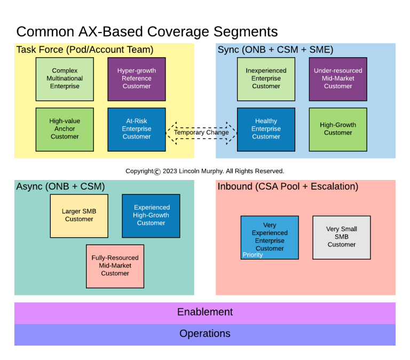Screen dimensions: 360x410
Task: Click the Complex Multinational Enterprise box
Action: coord(65,79)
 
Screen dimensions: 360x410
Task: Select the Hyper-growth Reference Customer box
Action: coord(137,79)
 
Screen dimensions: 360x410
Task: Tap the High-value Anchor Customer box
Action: coord(65,129)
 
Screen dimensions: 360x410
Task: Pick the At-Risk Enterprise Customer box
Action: coord(137,129)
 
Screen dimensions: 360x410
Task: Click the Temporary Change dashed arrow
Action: coord(201,132)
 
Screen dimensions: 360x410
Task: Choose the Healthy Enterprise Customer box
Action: coord(266,129)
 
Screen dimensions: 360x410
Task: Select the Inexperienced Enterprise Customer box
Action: coord(266,79)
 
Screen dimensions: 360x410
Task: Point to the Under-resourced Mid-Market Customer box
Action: coord(338,79)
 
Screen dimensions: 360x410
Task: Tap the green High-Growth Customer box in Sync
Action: coord(338,129)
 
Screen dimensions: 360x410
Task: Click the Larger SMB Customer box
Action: coord(79,216)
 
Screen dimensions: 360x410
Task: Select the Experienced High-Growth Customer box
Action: coord(151,216)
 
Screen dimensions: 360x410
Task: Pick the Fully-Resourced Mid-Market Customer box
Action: coord(115,266)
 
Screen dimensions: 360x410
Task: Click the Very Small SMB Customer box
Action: coord(342,237)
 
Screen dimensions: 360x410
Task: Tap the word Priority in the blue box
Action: coord(253,255)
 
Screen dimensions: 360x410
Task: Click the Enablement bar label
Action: coord(205,312)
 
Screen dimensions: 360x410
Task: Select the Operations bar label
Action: coord(205,334)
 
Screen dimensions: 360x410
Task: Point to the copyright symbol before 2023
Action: coord(157,171)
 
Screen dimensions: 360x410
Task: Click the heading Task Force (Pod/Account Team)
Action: coord(85,50)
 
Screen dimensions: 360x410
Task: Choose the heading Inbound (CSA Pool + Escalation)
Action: coord(288,186)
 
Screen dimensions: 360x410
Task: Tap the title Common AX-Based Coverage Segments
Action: coord(147,32)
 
